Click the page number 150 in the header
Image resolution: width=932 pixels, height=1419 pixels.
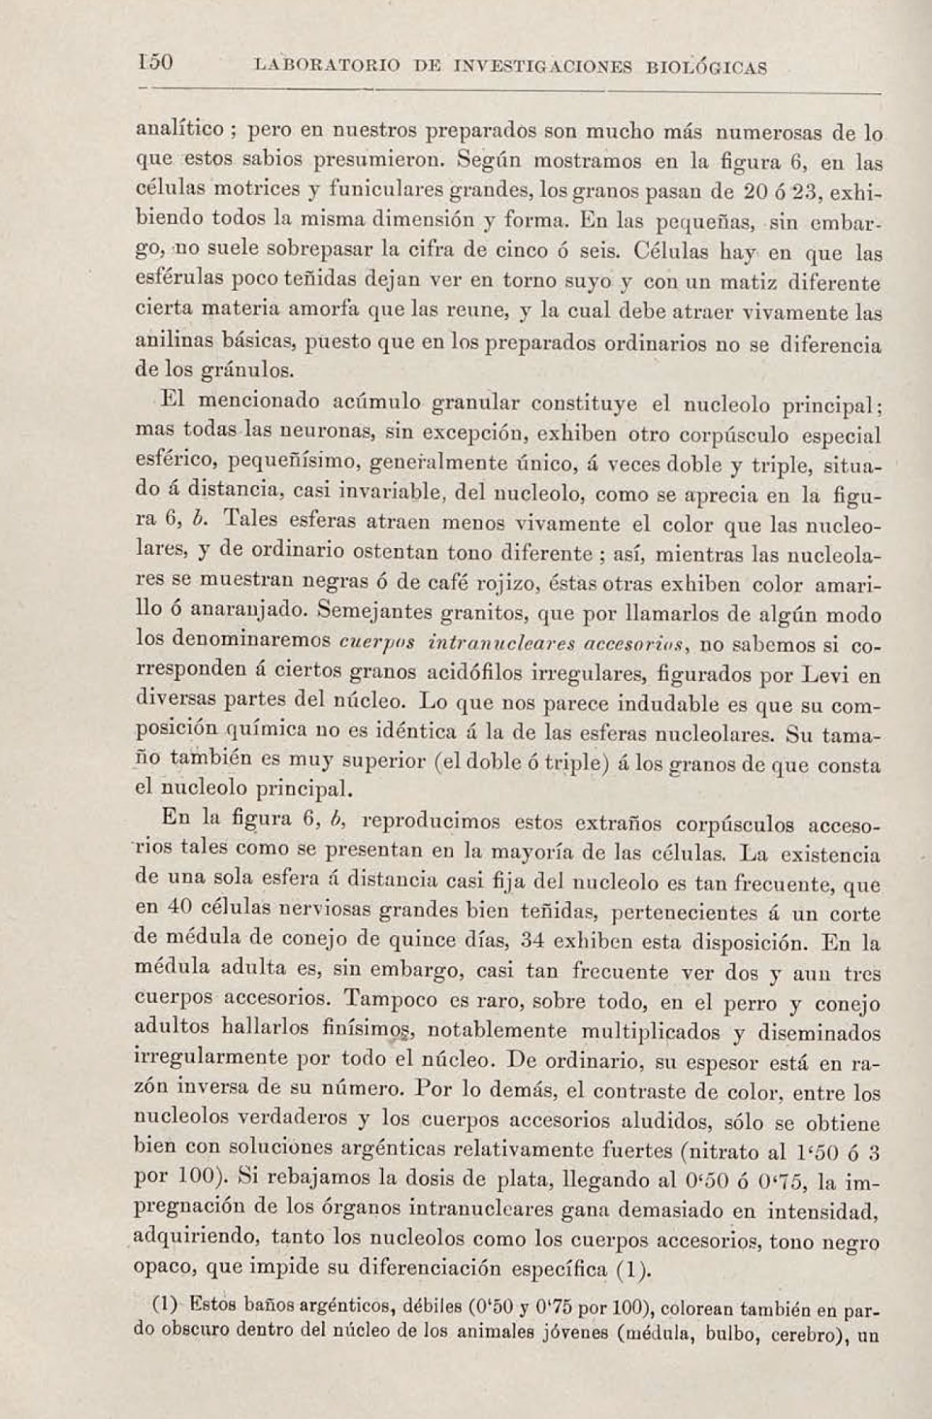point(155,62)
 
